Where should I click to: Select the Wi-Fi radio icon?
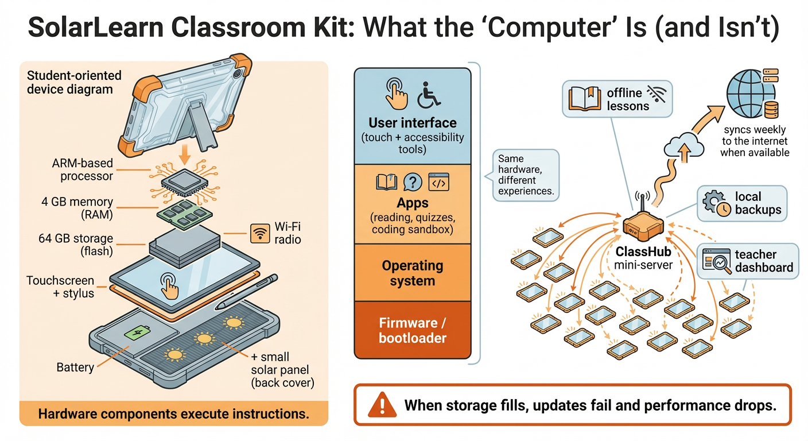click(x=261, y=233)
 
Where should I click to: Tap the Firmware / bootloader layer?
click(x=412, y=330)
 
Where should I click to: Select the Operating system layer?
click(x=412, y=273)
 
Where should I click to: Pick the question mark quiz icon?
click(x=413, y=182)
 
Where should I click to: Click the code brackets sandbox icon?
click(x=439, y=182)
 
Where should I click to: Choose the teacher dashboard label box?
click(x=747, y=261)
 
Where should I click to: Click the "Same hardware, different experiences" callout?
click(x=525, y=175)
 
